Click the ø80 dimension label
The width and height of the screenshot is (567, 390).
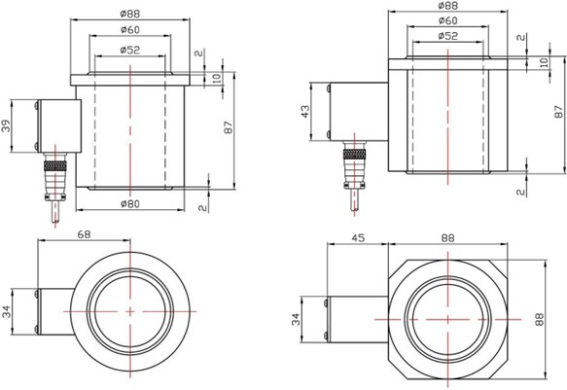129,204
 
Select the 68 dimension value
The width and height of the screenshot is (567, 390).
84,234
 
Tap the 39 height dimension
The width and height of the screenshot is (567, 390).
7,125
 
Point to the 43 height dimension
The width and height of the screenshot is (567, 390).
305,111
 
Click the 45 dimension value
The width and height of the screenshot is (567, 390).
358,238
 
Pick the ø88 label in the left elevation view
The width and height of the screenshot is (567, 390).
129,14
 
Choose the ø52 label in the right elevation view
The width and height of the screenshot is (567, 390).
447,36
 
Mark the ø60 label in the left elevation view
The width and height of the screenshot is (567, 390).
129,29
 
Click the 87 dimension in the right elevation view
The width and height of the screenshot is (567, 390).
558,112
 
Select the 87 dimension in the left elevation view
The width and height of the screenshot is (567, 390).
229,128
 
